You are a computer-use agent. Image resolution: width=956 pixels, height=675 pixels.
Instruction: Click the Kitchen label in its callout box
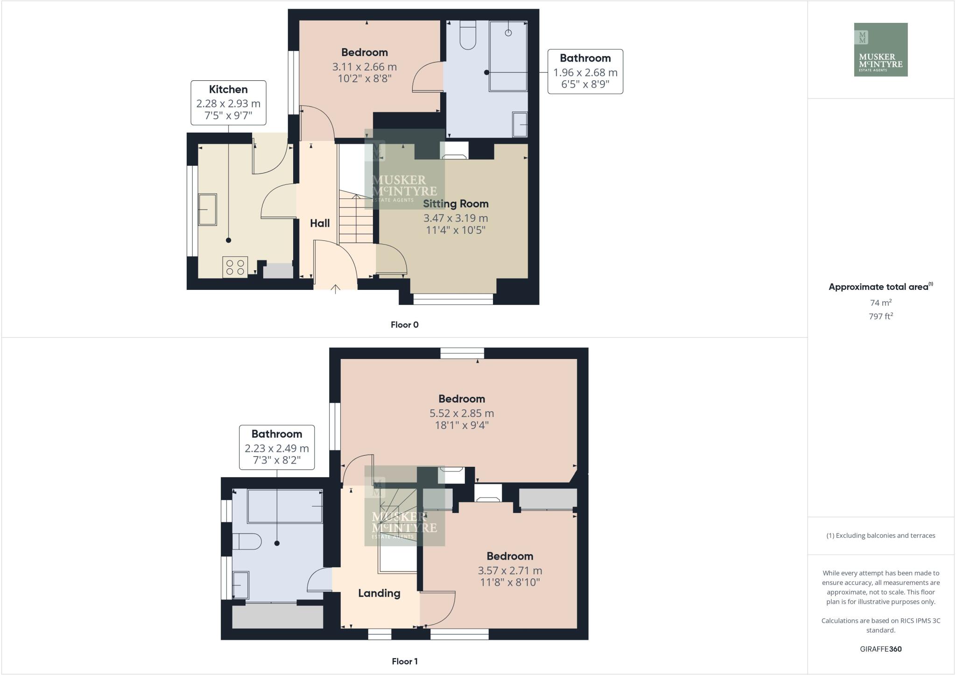click(x=228, y=90)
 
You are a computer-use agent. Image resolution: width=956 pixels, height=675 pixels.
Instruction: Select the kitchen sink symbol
click(x=208, y=210)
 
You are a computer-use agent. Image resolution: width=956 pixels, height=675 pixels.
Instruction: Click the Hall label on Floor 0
click(x=320, y=223)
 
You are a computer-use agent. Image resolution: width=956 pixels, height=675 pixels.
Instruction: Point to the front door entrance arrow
click(x=335, y=289)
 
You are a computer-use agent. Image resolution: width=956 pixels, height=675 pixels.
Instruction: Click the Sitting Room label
click(x=456, y=204)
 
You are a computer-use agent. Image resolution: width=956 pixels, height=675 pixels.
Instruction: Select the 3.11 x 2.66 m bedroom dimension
click(x=364, y=67)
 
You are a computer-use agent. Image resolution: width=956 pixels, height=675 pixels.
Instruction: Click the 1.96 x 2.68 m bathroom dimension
click(x=585, y=73)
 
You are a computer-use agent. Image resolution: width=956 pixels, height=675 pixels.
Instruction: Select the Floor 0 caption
click(x=404, y=325)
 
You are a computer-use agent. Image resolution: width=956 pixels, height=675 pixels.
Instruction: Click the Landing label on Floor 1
click(x=379, y=593)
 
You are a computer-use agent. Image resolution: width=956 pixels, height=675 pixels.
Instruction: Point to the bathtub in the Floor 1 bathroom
click(x=285, y=506)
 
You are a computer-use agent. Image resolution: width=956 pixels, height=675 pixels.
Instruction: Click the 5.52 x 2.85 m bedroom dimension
click(x=461, y=414)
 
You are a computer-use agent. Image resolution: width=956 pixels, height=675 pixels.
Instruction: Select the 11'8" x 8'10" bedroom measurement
click(x=510, y=583)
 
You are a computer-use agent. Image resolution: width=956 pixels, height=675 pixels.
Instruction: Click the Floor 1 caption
click(x=404, y=661)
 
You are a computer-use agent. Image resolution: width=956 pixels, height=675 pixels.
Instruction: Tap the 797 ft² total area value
click(x=880, y=316)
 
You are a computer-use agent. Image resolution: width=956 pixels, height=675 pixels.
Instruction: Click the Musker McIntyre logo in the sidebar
click(x=880, y=49)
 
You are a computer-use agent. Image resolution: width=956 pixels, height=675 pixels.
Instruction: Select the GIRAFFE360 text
click(x=880, y=649)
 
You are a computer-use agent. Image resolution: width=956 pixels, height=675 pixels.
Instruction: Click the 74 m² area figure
click(x=880, y=302)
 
